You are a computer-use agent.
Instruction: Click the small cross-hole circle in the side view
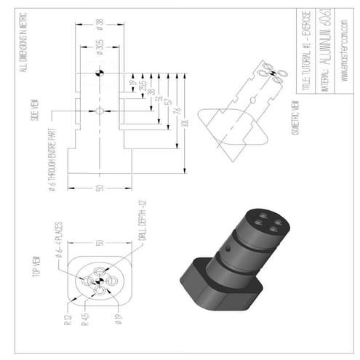coord(100,111)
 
